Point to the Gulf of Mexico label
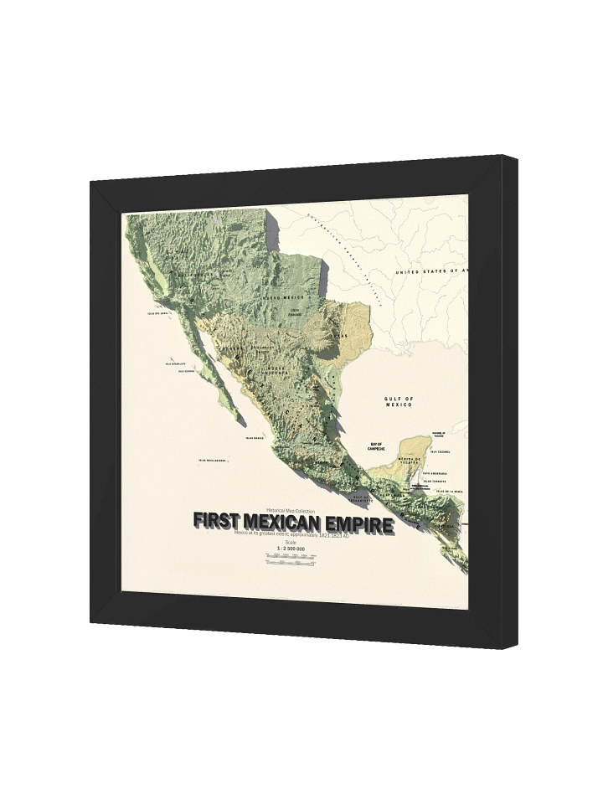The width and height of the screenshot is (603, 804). [399, 401]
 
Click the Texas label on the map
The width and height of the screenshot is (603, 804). [339, 335]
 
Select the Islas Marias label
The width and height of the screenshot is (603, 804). [255, 436]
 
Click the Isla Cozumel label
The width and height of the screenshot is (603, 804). [440, 452]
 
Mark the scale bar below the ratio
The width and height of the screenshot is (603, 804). [291, 564]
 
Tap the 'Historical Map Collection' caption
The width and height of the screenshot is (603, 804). [291, 510]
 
